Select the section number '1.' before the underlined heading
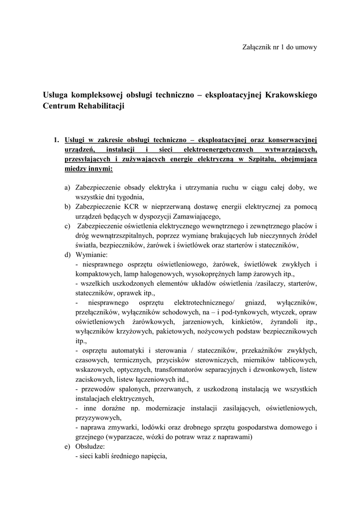click(57, 140)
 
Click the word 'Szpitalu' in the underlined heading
click(259, 159)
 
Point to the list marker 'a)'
click(67, 187)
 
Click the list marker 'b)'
click(67, 206)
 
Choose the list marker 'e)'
click(67, 446)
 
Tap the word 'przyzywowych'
click(97, 418)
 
